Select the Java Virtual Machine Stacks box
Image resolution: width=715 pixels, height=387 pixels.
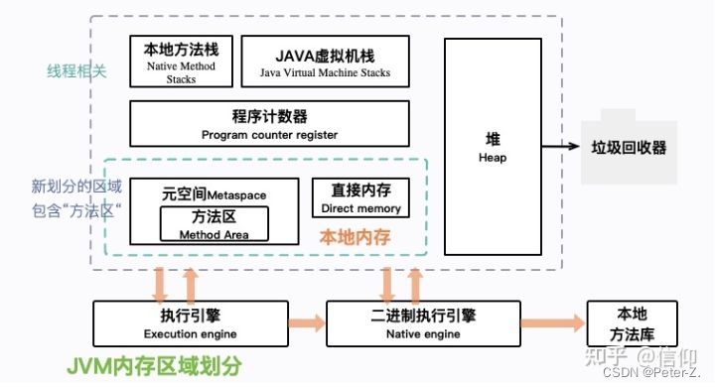pyautogui.click(x=325, y=61)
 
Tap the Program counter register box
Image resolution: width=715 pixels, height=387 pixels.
pyautogui.click(x=269, y=124)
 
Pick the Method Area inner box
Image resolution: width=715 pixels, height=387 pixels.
pyautogui.click(x=214, y=224)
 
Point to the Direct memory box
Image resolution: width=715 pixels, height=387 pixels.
pyautogui.click(x=360, y=197)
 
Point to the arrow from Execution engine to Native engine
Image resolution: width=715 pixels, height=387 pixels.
pyautogui.click(x=308, y=323)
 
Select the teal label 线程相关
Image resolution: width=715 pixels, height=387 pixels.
pyautogui.click(x=76, y=71)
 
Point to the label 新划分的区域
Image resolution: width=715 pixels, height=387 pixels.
pyautogui.click(x=76, y=186)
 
